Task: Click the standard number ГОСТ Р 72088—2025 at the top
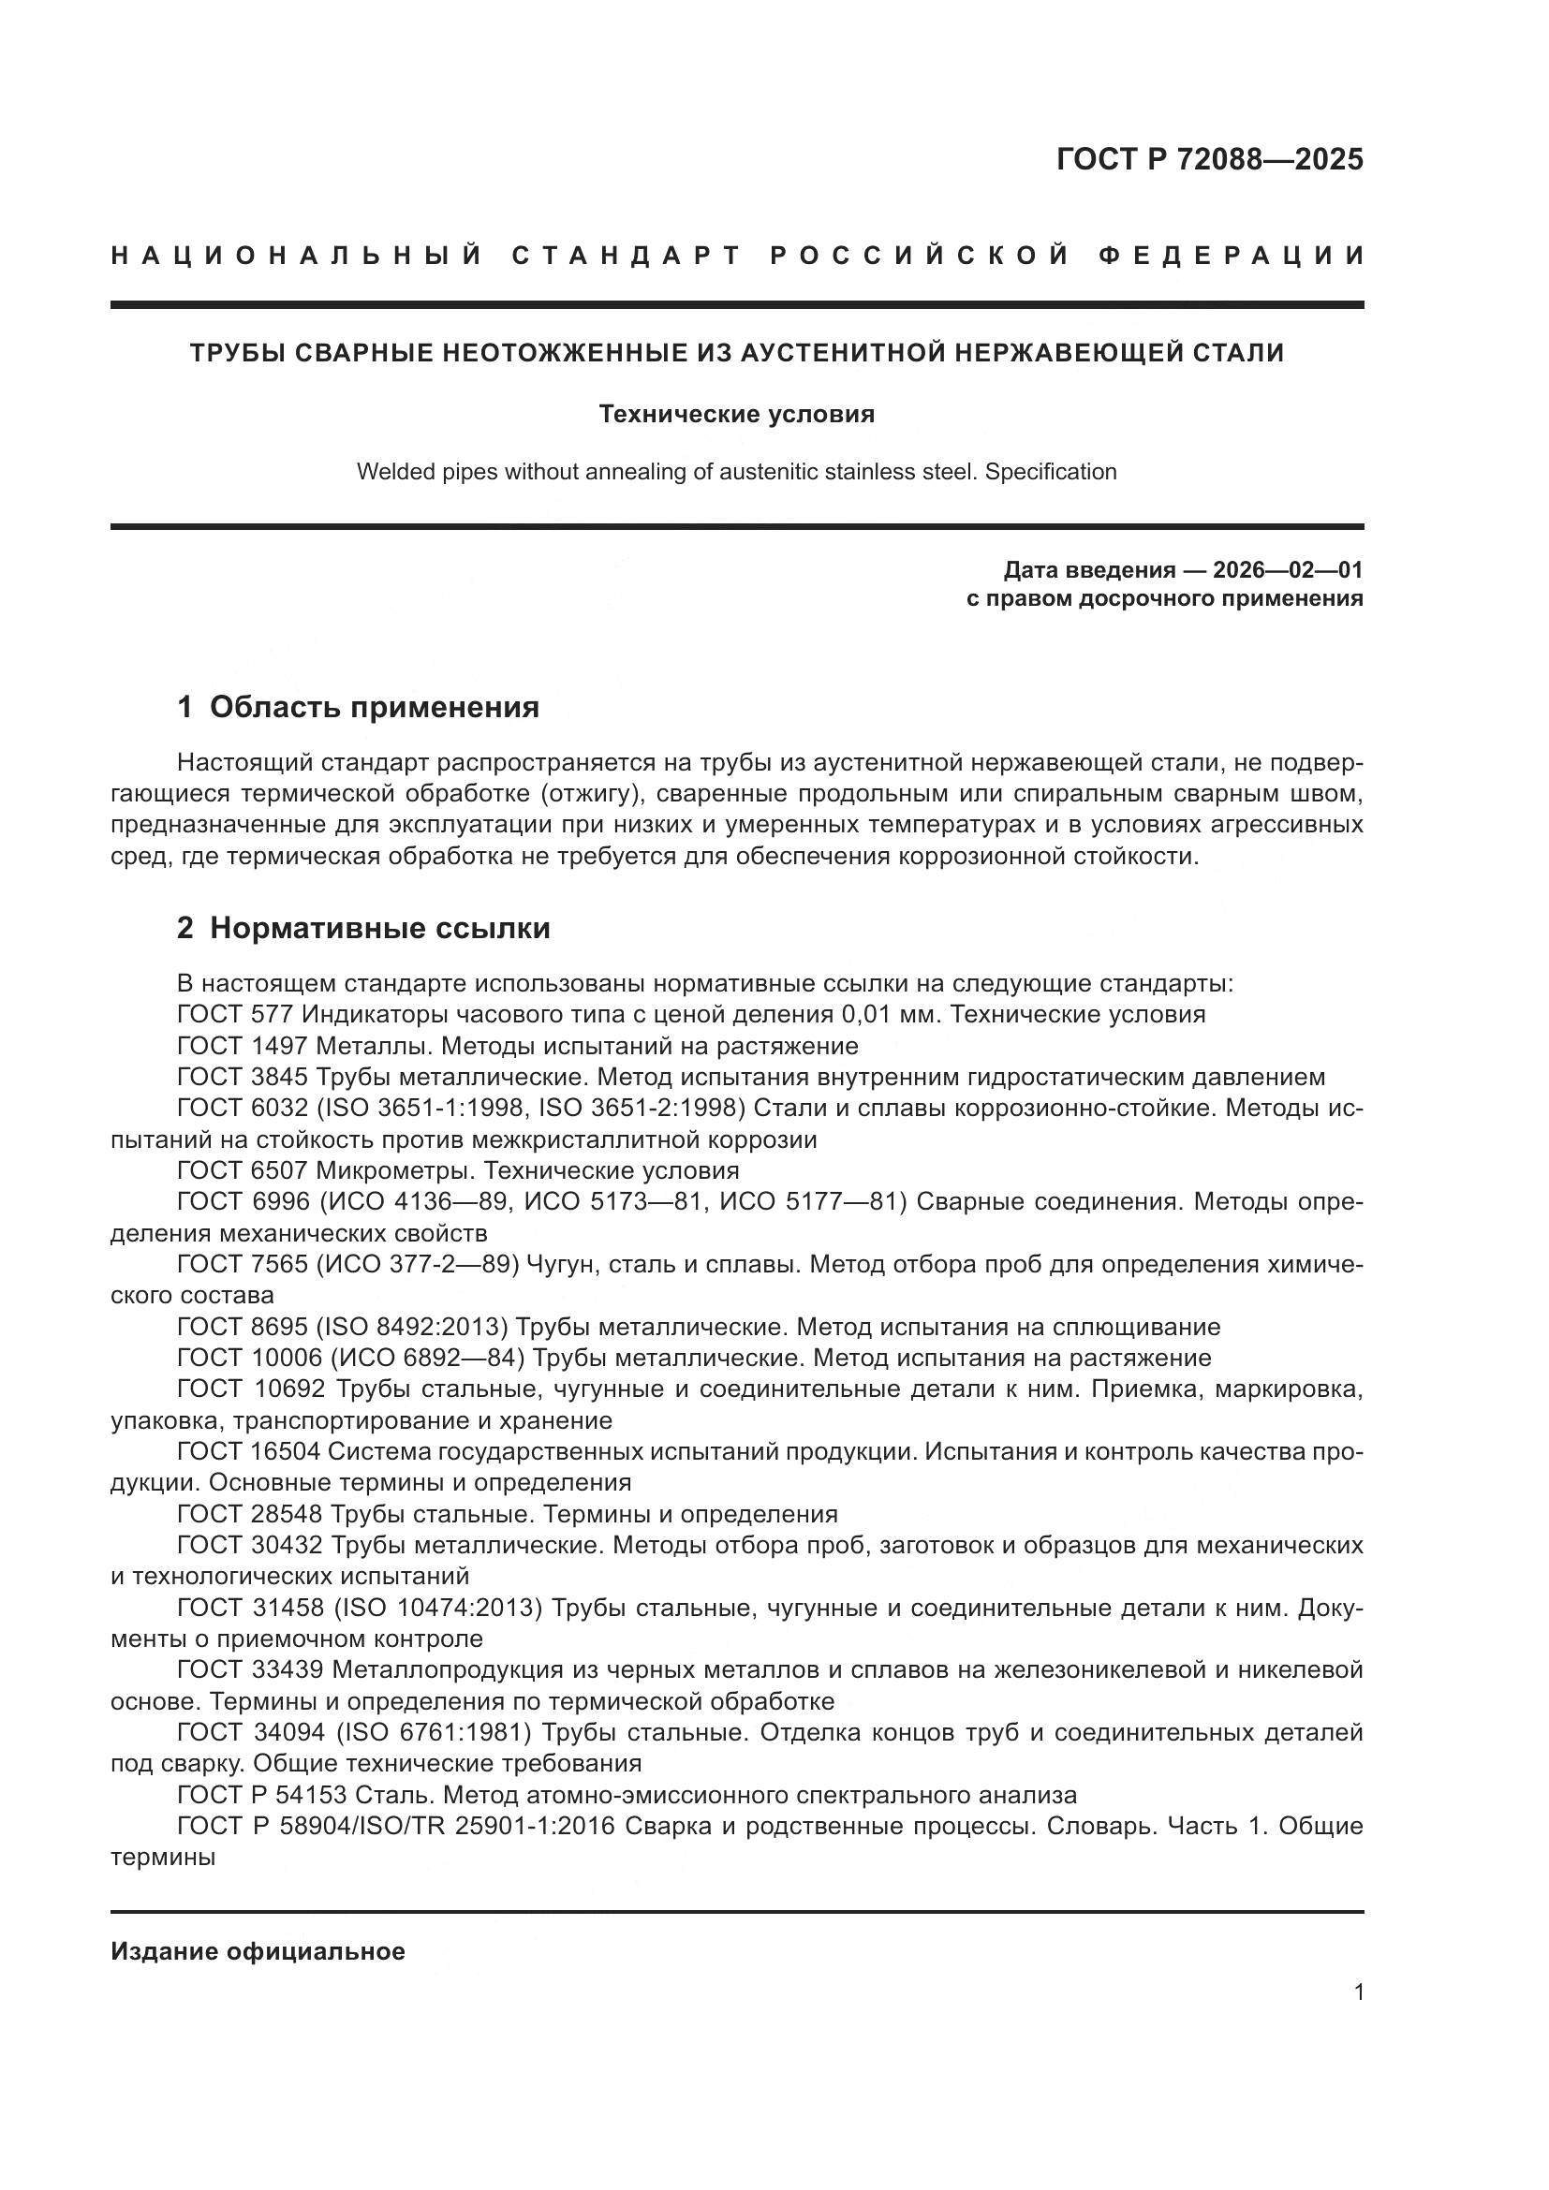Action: (x=1208, y=159)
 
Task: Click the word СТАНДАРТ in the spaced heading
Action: (x=627, y=256)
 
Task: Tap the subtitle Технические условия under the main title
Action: (x=736, y=414)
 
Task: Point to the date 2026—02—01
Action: (x=1287, y=570)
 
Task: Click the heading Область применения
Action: (x=374, y=707)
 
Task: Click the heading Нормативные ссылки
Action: (x=379, y=928)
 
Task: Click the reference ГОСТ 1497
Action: (x=243, y=1046)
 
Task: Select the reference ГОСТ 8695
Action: (x=243, y=1327)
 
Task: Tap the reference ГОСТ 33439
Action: (x=250, y=1670)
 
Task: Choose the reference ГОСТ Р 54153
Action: (x=261, y=1795)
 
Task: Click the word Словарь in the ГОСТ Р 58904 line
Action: (x=1101, y=1826)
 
